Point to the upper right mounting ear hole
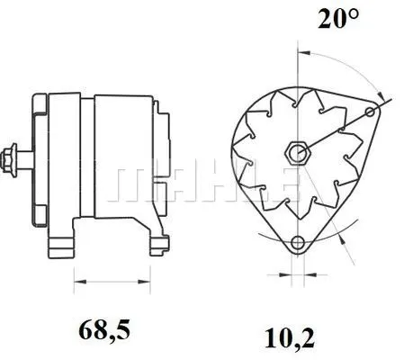pyautogui.click(x=370, y=112)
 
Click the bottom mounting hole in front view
pyautogui.click(x=297, y=241)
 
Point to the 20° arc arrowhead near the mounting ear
pyautogui.click(x=382, y=95)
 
